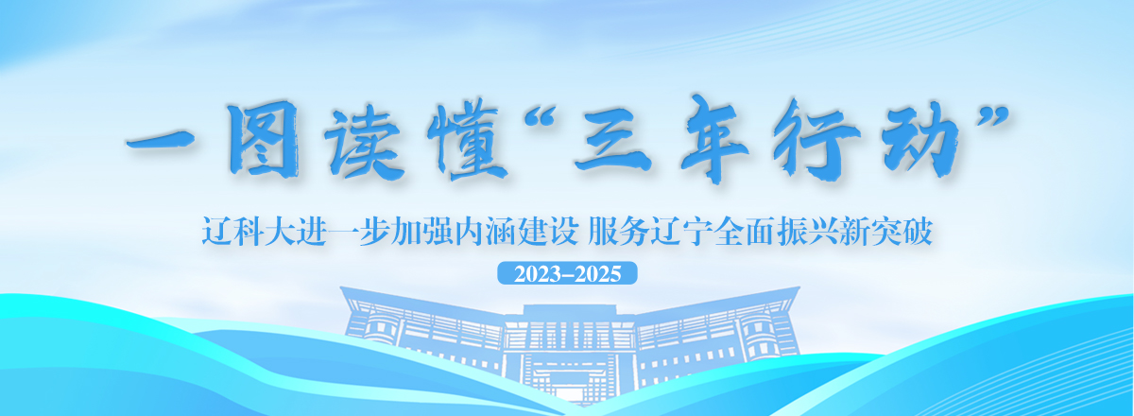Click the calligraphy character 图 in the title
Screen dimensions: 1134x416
264,138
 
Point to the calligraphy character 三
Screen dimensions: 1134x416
614,141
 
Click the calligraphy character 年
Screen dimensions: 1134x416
713,138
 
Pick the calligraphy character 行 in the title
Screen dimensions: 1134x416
816,139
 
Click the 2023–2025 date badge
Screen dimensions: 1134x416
567,273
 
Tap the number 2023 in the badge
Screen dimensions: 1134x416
538,274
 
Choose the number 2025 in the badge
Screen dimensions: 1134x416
598,274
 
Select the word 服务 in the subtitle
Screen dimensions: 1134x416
619,231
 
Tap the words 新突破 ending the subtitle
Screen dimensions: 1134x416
886,231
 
